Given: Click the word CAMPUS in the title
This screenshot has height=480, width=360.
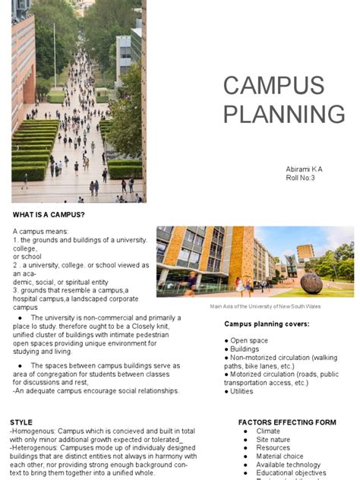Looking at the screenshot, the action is click(273, 85).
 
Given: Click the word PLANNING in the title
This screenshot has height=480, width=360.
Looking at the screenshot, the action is click(284, 114).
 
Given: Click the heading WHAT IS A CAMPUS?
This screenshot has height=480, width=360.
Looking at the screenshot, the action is click(49, 215).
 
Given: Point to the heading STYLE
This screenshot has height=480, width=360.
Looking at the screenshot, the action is click(21, 422).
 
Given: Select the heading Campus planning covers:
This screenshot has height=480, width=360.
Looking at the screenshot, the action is click(267, 324).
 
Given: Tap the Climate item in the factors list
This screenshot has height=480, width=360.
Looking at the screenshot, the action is click(268, 431).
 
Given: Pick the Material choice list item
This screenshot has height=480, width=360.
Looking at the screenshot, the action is click(279, 456).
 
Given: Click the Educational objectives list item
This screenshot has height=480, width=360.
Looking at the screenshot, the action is click(291, 473).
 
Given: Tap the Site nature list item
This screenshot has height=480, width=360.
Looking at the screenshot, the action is click(273, 440).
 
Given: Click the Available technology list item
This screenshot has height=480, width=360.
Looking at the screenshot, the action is click(289, 465).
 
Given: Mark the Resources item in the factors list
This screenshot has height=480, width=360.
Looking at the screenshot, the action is click(273, 448).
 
